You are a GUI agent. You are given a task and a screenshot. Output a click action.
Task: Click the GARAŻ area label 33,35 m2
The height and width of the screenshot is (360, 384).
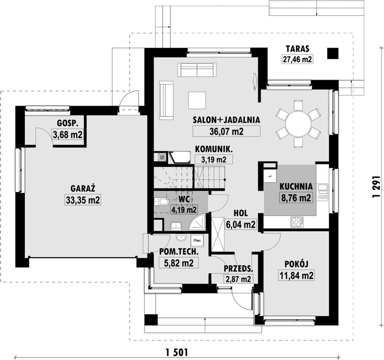tap(83, 200)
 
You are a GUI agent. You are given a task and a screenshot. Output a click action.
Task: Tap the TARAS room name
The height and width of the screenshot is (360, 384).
tap(298, 49)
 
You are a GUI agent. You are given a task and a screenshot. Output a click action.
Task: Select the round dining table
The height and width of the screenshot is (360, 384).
tap(298, 124)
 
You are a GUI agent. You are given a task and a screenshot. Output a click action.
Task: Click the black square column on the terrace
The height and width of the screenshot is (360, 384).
tap(333, 53)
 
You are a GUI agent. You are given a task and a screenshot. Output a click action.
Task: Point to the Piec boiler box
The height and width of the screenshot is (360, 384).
tap(197, 240)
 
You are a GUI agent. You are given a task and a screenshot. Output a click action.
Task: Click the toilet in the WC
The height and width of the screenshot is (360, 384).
tap(162, 202)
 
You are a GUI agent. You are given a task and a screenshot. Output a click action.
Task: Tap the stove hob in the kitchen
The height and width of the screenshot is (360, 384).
tap(298, 222)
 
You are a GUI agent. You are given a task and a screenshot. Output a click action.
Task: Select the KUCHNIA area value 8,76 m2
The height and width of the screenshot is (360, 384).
tap(296, 198)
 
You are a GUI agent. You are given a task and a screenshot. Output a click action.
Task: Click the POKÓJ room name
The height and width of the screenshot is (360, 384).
tap(296, 264)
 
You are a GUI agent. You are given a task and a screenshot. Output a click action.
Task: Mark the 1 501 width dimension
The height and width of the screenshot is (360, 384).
tap(176, 352)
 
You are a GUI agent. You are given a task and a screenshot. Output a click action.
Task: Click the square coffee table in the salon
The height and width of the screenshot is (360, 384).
tap(197, 100)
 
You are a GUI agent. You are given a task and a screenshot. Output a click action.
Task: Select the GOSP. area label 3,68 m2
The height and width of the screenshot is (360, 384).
tap(68, 134)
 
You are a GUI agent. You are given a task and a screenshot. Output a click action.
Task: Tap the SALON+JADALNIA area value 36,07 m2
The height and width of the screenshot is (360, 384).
tap(226, 131)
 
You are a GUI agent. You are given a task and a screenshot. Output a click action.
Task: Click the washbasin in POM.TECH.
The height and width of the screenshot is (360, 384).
tap(181, 237)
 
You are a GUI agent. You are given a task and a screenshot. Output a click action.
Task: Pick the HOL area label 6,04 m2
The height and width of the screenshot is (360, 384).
tap(241, 224)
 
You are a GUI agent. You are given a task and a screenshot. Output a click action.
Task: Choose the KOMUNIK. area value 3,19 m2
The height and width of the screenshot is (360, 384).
tap(214, 160)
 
